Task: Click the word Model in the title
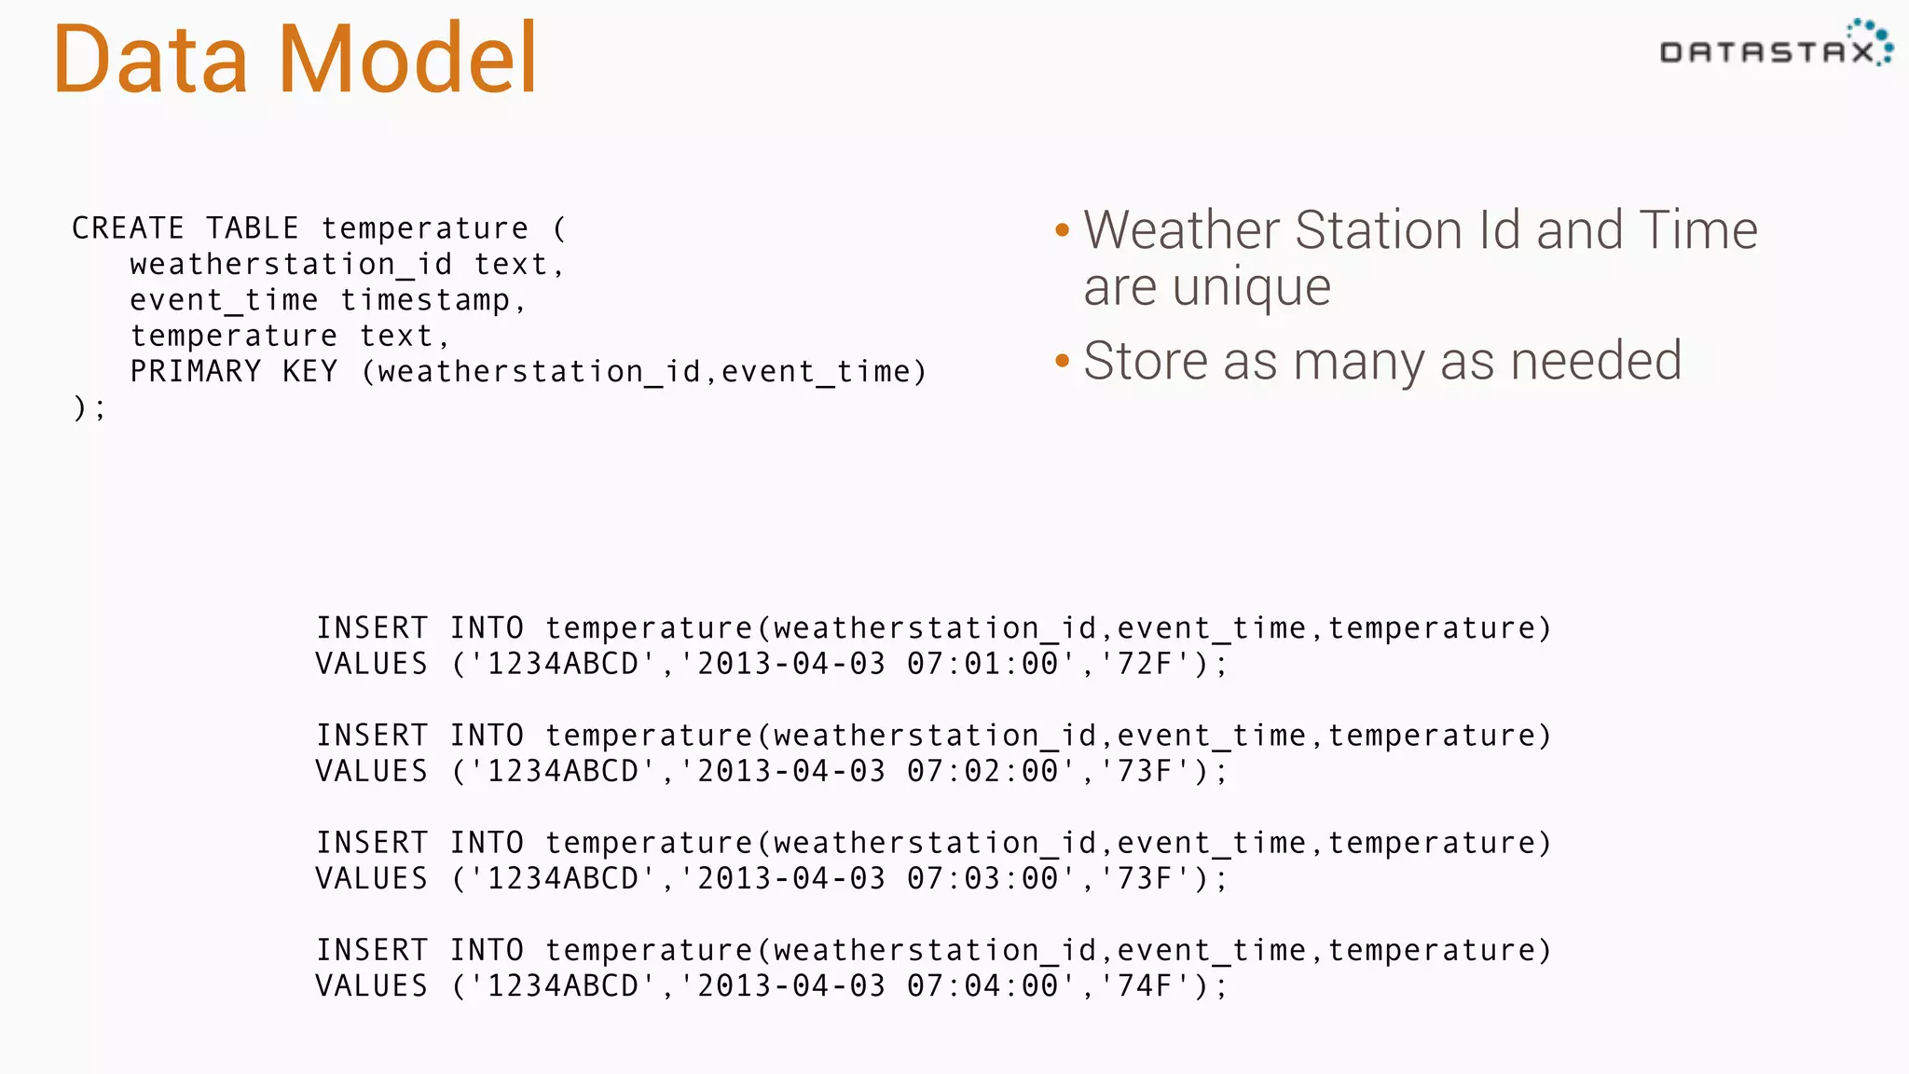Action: pyautogui.click(x=407, y=59)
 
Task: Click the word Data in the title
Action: pyautogui.click(x=150, y=59)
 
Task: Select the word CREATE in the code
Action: pyautogui.click(x=129, y=228)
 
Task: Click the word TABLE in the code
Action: pyautogui.click(x=253, y=228)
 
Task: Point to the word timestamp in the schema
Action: pyautogui.click(x=425, y=300)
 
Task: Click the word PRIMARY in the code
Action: pyautogui.click(x=196, y=372)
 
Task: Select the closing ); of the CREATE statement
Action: pyautogui.click(x=89, y=407)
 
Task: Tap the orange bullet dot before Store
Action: pyautogui.click(x=1062, y=361)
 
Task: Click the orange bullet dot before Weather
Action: pyautogui.click(x=1062, y=230)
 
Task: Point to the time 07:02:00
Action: pyautogui.click(x=983, y=771)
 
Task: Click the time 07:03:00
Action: pyautogui.click(x=983, y=878)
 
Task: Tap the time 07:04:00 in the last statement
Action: pyautogui.click(x=983, y=985)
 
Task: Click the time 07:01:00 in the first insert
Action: pyautogui.click(x=983, y=664)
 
